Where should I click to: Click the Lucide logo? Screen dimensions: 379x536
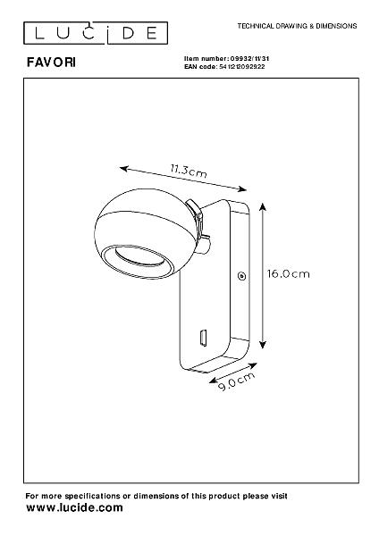96,33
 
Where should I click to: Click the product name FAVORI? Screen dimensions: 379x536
51,63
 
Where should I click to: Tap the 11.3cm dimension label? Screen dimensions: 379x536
189,171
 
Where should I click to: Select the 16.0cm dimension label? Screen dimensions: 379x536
288,274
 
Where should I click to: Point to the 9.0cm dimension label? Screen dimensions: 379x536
236,381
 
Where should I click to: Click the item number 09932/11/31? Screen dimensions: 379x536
249,59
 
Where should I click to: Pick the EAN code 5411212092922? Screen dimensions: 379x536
241,67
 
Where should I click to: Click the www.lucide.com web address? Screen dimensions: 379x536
74,507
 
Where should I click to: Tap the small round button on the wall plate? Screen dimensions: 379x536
242,276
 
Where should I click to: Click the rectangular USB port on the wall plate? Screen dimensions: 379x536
203,338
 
